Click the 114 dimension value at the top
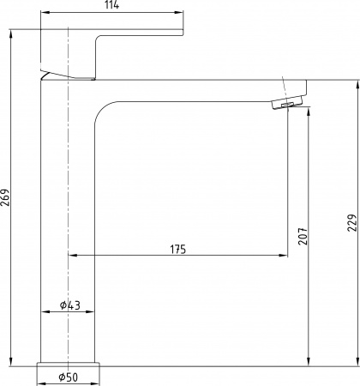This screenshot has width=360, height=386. tap(111, 6)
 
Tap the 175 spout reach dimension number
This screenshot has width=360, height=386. tap(177, 249)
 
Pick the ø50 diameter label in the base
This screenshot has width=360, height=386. tap(69, 377)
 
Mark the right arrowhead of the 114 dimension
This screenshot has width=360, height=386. tap(180, 13)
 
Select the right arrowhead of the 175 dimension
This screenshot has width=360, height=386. tap(283, 256)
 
